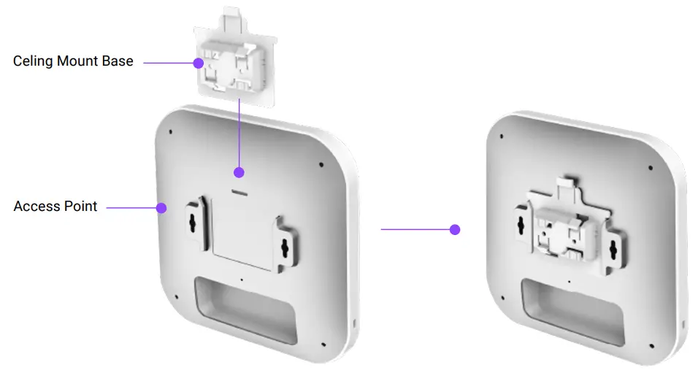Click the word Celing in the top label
(34, 61)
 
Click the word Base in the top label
(118, 61)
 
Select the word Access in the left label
(37, 207)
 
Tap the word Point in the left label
(81, 207)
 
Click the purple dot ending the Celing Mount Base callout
(198, 64)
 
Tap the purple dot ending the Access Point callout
(162, 208)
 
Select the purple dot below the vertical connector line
(238, 173)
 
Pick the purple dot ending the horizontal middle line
(455, 229)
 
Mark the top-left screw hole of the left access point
(170, 133)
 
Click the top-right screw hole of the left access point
(322, 163)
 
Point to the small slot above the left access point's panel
(239, 193)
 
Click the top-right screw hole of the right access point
(648, 169)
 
